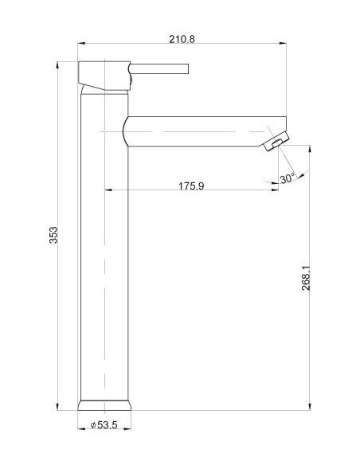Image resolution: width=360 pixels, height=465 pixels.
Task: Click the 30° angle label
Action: (287, 178)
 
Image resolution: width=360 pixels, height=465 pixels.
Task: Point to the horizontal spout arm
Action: (199, 130)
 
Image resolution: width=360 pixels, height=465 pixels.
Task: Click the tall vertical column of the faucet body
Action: (104, 255)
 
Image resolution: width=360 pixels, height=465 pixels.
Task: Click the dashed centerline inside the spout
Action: (191, 130)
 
